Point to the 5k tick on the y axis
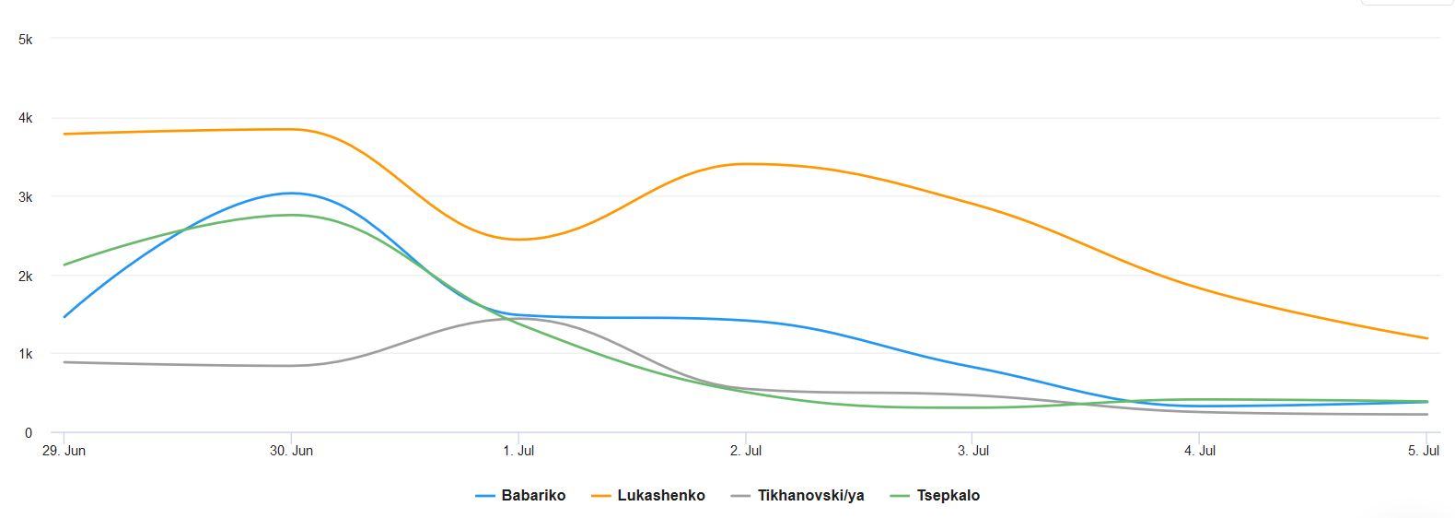[x=25, y=40]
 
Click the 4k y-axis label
[x=25, y=118]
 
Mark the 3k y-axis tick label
[x=25, y=197]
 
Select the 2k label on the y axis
[x=25, y=277]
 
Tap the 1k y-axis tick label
[x=25, y=354]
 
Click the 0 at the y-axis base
[x=29, y=432]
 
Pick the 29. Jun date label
[x=64, y=451]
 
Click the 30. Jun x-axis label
[x=291, y=451]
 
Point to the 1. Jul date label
[x=518, y=451]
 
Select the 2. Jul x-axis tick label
[x=746, y=451]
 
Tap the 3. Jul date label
[x=973, y=451]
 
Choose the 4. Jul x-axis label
[x=1200, y=451]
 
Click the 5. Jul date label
[x=1424, y=451]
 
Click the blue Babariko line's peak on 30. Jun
[x=291, y=193]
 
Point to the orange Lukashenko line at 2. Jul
[x=746, y=164]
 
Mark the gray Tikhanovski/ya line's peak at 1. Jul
[x=518, y=319]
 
